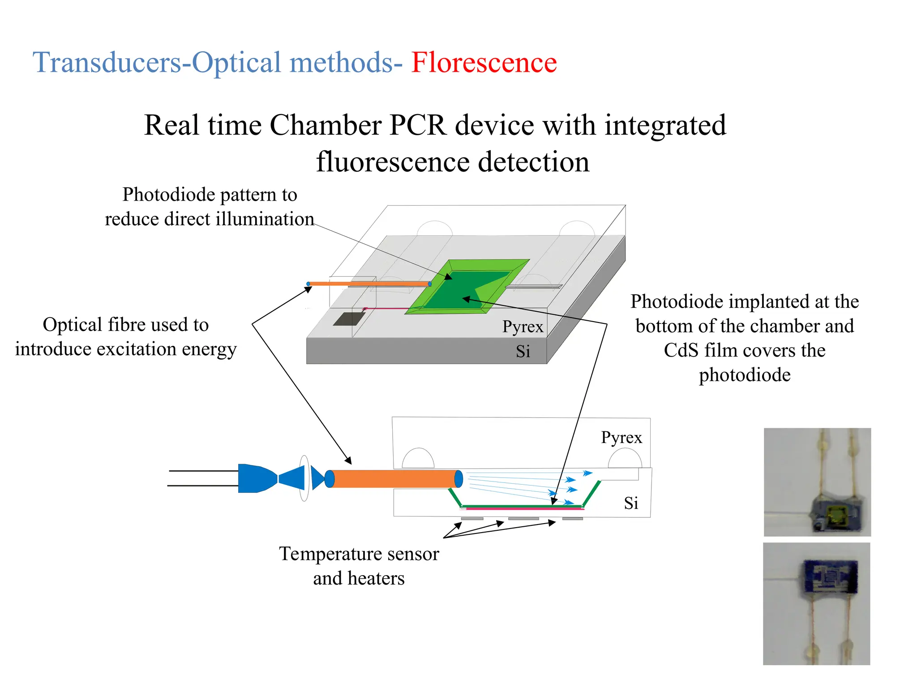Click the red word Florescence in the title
point(484,62)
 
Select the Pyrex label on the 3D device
point(523,327)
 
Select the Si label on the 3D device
point(523,352)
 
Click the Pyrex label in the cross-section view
point(621,438)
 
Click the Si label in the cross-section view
point(631,503)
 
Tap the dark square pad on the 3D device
point(349,319)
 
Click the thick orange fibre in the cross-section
point(394,479)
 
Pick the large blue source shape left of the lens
point(255,478)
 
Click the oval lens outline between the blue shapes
point(304,478)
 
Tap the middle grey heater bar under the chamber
point(523,519)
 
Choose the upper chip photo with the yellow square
point(817,482)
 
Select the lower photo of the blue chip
point(816,603)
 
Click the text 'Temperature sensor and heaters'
point(359,566)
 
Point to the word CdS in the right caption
point(681,351)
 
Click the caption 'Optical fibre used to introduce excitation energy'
point(126,337)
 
